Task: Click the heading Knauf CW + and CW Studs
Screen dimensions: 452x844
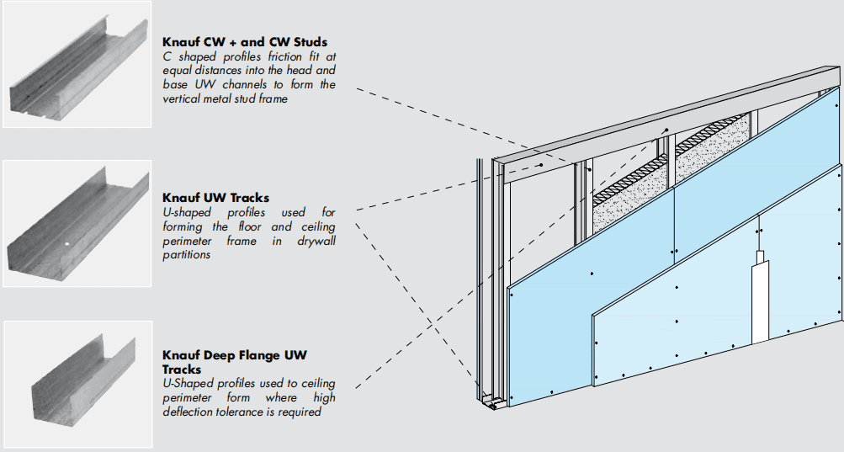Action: click(x=245, y=41)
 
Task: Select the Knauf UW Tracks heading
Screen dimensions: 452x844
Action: click(x=216, y=198)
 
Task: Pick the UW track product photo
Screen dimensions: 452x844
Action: click(x=77, y=222)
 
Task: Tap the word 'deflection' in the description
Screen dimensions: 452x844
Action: click(x=193, y=412)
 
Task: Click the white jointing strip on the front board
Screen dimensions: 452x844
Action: click(x=759, y=299)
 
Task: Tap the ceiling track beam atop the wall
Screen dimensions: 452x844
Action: click(x=656, y=119)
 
